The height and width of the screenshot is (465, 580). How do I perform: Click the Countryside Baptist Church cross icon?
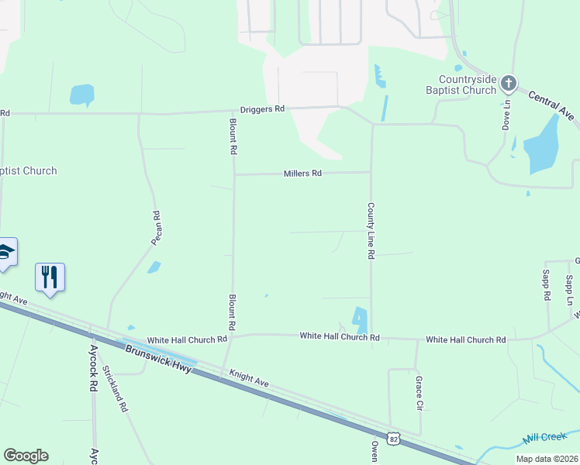508,82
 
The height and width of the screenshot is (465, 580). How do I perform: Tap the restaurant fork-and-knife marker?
50,277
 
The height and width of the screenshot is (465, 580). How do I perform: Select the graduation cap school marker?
5,253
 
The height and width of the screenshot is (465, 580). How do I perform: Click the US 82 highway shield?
394,439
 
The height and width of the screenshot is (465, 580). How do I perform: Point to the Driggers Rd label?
262,109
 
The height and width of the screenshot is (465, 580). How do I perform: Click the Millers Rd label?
302,174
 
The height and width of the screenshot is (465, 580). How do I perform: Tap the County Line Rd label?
371,231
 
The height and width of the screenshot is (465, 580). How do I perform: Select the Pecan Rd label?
156,229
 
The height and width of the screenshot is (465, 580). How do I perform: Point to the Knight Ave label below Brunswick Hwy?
249,379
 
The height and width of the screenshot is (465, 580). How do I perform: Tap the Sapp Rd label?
547,285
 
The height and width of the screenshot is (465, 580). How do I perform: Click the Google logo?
26,456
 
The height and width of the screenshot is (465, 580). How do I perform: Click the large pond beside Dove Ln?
540,145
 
